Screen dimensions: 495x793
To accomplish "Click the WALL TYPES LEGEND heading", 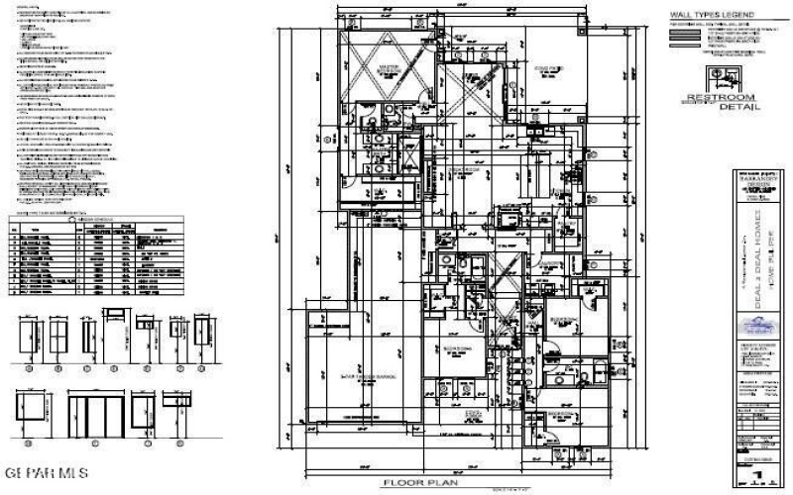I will coord(713,15).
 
